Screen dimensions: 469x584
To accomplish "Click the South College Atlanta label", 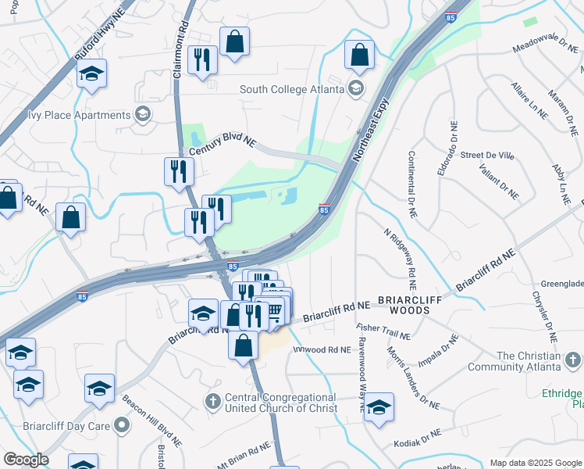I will pos(292,89).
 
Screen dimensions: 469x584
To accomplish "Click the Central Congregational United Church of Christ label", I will pos(280,403).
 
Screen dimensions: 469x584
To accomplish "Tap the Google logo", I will pos(25,460).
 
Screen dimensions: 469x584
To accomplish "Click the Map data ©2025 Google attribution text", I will pos(536,463).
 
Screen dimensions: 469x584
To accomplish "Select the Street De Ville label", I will pos(487,156).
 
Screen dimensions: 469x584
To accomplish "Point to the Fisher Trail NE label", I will pos(383,331).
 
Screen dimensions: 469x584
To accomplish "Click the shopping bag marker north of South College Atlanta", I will pos(358,55).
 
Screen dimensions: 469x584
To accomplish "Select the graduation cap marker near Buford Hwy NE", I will pos(92,74).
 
